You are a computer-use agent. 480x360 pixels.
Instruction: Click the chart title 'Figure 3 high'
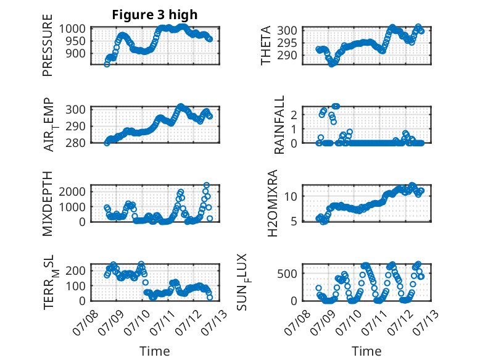click(155, 15)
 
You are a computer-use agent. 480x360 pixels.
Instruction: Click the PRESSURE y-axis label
click(48, 45)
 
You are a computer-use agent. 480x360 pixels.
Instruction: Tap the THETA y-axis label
click(266, 45)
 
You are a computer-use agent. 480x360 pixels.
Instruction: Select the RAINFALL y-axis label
click(279, 124)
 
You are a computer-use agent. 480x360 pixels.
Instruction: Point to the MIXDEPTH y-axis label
click(48, 203)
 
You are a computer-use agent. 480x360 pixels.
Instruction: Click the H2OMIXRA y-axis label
click(273, 203)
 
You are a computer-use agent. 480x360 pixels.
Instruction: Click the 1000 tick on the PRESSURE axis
click(72, 29)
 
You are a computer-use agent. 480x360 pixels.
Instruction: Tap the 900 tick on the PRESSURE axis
click(76, 54)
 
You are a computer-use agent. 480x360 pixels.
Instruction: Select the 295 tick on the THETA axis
click(287, 43)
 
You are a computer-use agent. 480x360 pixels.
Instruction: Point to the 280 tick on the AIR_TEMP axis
click(76, 143)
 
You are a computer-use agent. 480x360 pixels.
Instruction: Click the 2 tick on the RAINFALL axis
click(294, 115)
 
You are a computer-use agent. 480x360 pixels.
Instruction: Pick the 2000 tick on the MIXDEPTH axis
click(72, 192)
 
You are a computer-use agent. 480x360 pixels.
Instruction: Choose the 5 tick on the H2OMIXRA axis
click(294, 221)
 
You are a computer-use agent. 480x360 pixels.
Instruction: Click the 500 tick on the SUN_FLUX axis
click(287, 274)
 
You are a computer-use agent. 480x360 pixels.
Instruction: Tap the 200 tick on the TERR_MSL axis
click(76, 270)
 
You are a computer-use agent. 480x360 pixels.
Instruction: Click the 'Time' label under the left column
click(155, 351)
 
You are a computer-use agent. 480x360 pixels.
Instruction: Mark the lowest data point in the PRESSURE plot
click(107, 64)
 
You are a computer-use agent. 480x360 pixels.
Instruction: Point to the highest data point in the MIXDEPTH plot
click(207, 185)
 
